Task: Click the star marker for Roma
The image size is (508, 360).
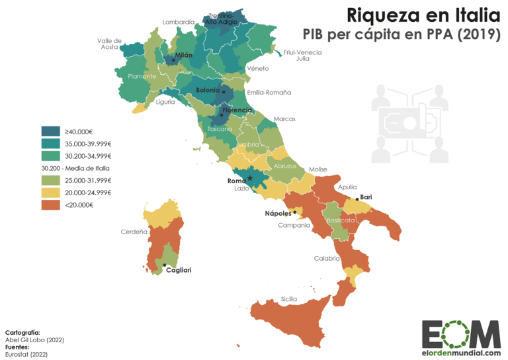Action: tap(250, 178)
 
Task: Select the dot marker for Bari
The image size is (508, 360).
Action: tap(357, 199)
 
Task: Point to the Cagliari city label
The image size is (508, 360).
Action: tap(179, 270)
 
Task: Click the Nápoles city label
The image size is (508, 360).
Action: tap(278, 213)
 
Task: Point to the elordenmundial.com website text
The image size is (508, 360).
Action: tap(461, 353)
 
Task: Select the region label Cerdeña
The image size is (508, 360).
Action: tap(134, 232)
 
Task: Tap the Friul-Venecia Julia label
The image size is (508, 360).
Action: tap(302, 55)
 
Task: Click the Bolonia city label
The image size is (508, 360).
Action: tap(208, 90)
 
